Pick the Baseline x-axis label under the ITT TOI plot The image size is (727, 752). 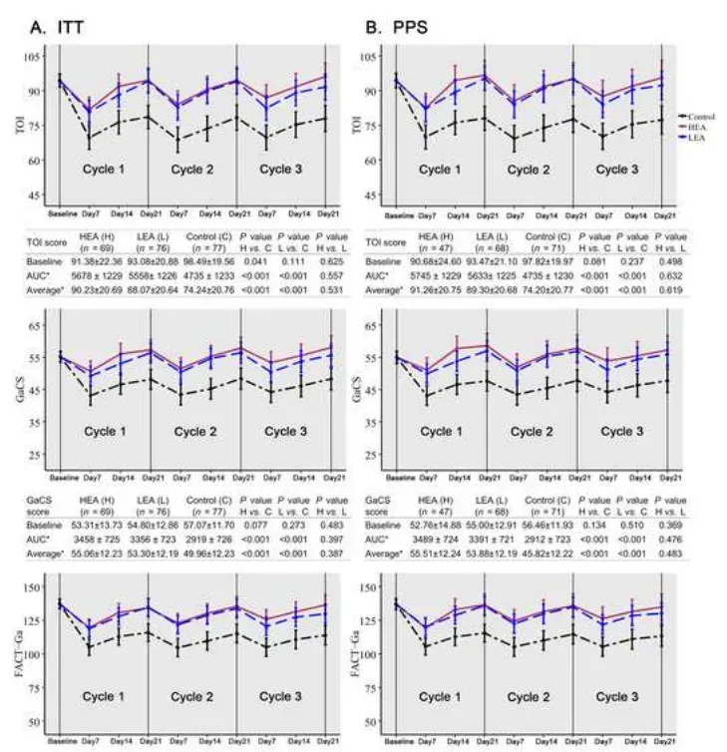pyautogui.click(x=64, y=214)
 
